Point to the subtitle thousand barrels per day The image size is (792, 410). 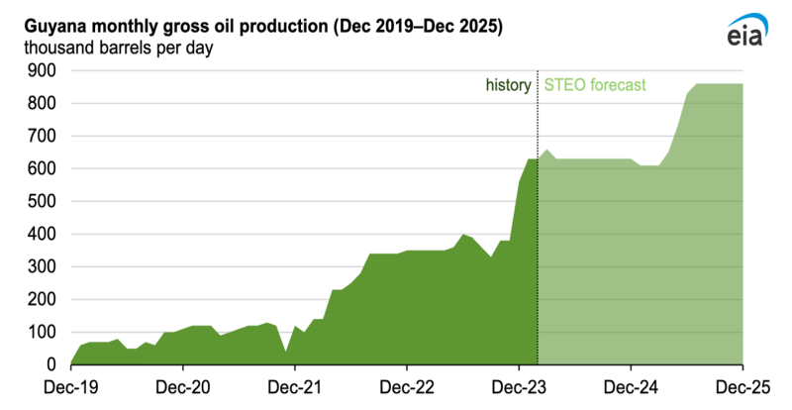118,48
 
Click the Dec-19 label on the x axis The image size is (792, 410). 70,387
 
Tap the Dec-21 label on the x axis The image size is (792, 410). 295,387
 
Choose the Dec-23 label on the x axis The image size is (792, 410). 519,387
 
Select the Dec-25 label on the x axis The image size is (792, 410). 743,387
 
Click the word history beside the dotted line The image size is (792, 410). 508,85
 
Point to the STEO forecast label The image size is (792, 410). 595,84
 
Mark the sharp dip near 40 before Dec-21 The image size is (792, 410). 286,352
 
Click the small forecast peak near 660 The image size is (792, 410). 547,151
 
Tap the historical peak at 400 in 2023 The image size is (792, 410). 463,235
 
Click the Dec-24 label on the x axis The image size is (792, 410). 631,387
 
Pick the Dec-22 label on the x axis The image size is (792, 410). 407,387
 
